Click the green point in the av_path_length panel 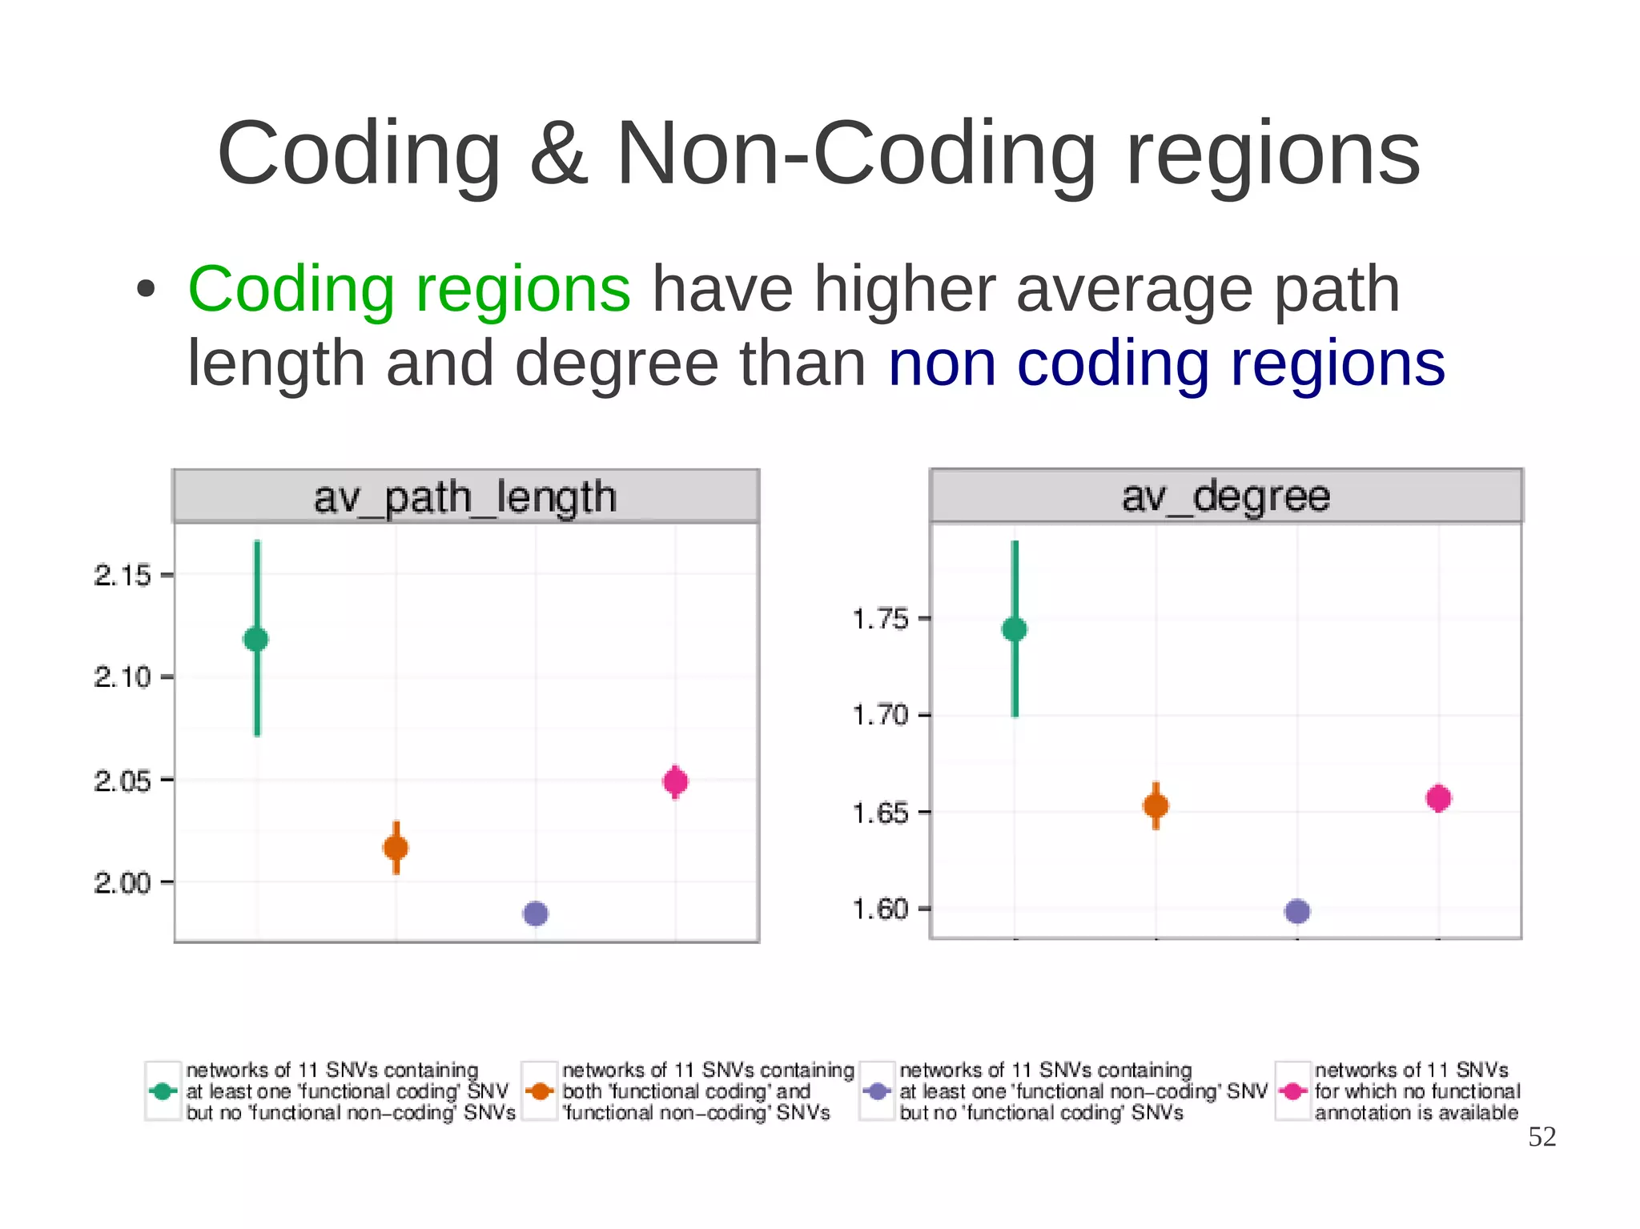(x=256, y=639)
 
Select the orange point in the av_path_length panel (x=396, y=847)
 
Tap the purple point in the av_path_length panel (x=535, y=913)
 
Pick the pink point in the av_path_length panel (x=675, y=781)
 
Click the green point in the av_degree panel (x=1014, y=629)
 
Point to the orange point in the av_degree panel (x=1156, y=805)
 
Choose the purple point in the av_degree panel (x=1297, y=911)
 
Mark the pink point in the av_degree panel (x=1438, y=798)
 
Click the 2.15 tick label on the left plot (x=122, y=575)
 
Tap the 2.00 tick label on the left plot (x=122, y=883)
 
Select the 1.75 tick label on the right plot (x=880, y=619)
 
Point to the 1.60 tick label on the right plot (x=880, y=910)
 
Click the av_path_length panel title (x=465, y=497)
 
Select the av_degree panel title (x=1225, y=496)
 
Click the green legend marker (x=163, y=1090)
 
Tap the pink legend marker (x=1292, y=1090)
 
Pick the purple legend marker (x=878, y=1090)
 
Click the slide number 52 (x=1542, y=1137)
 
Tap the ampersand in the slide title (x=558, y=153)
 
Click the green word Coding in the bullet (x=291, y=289)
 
